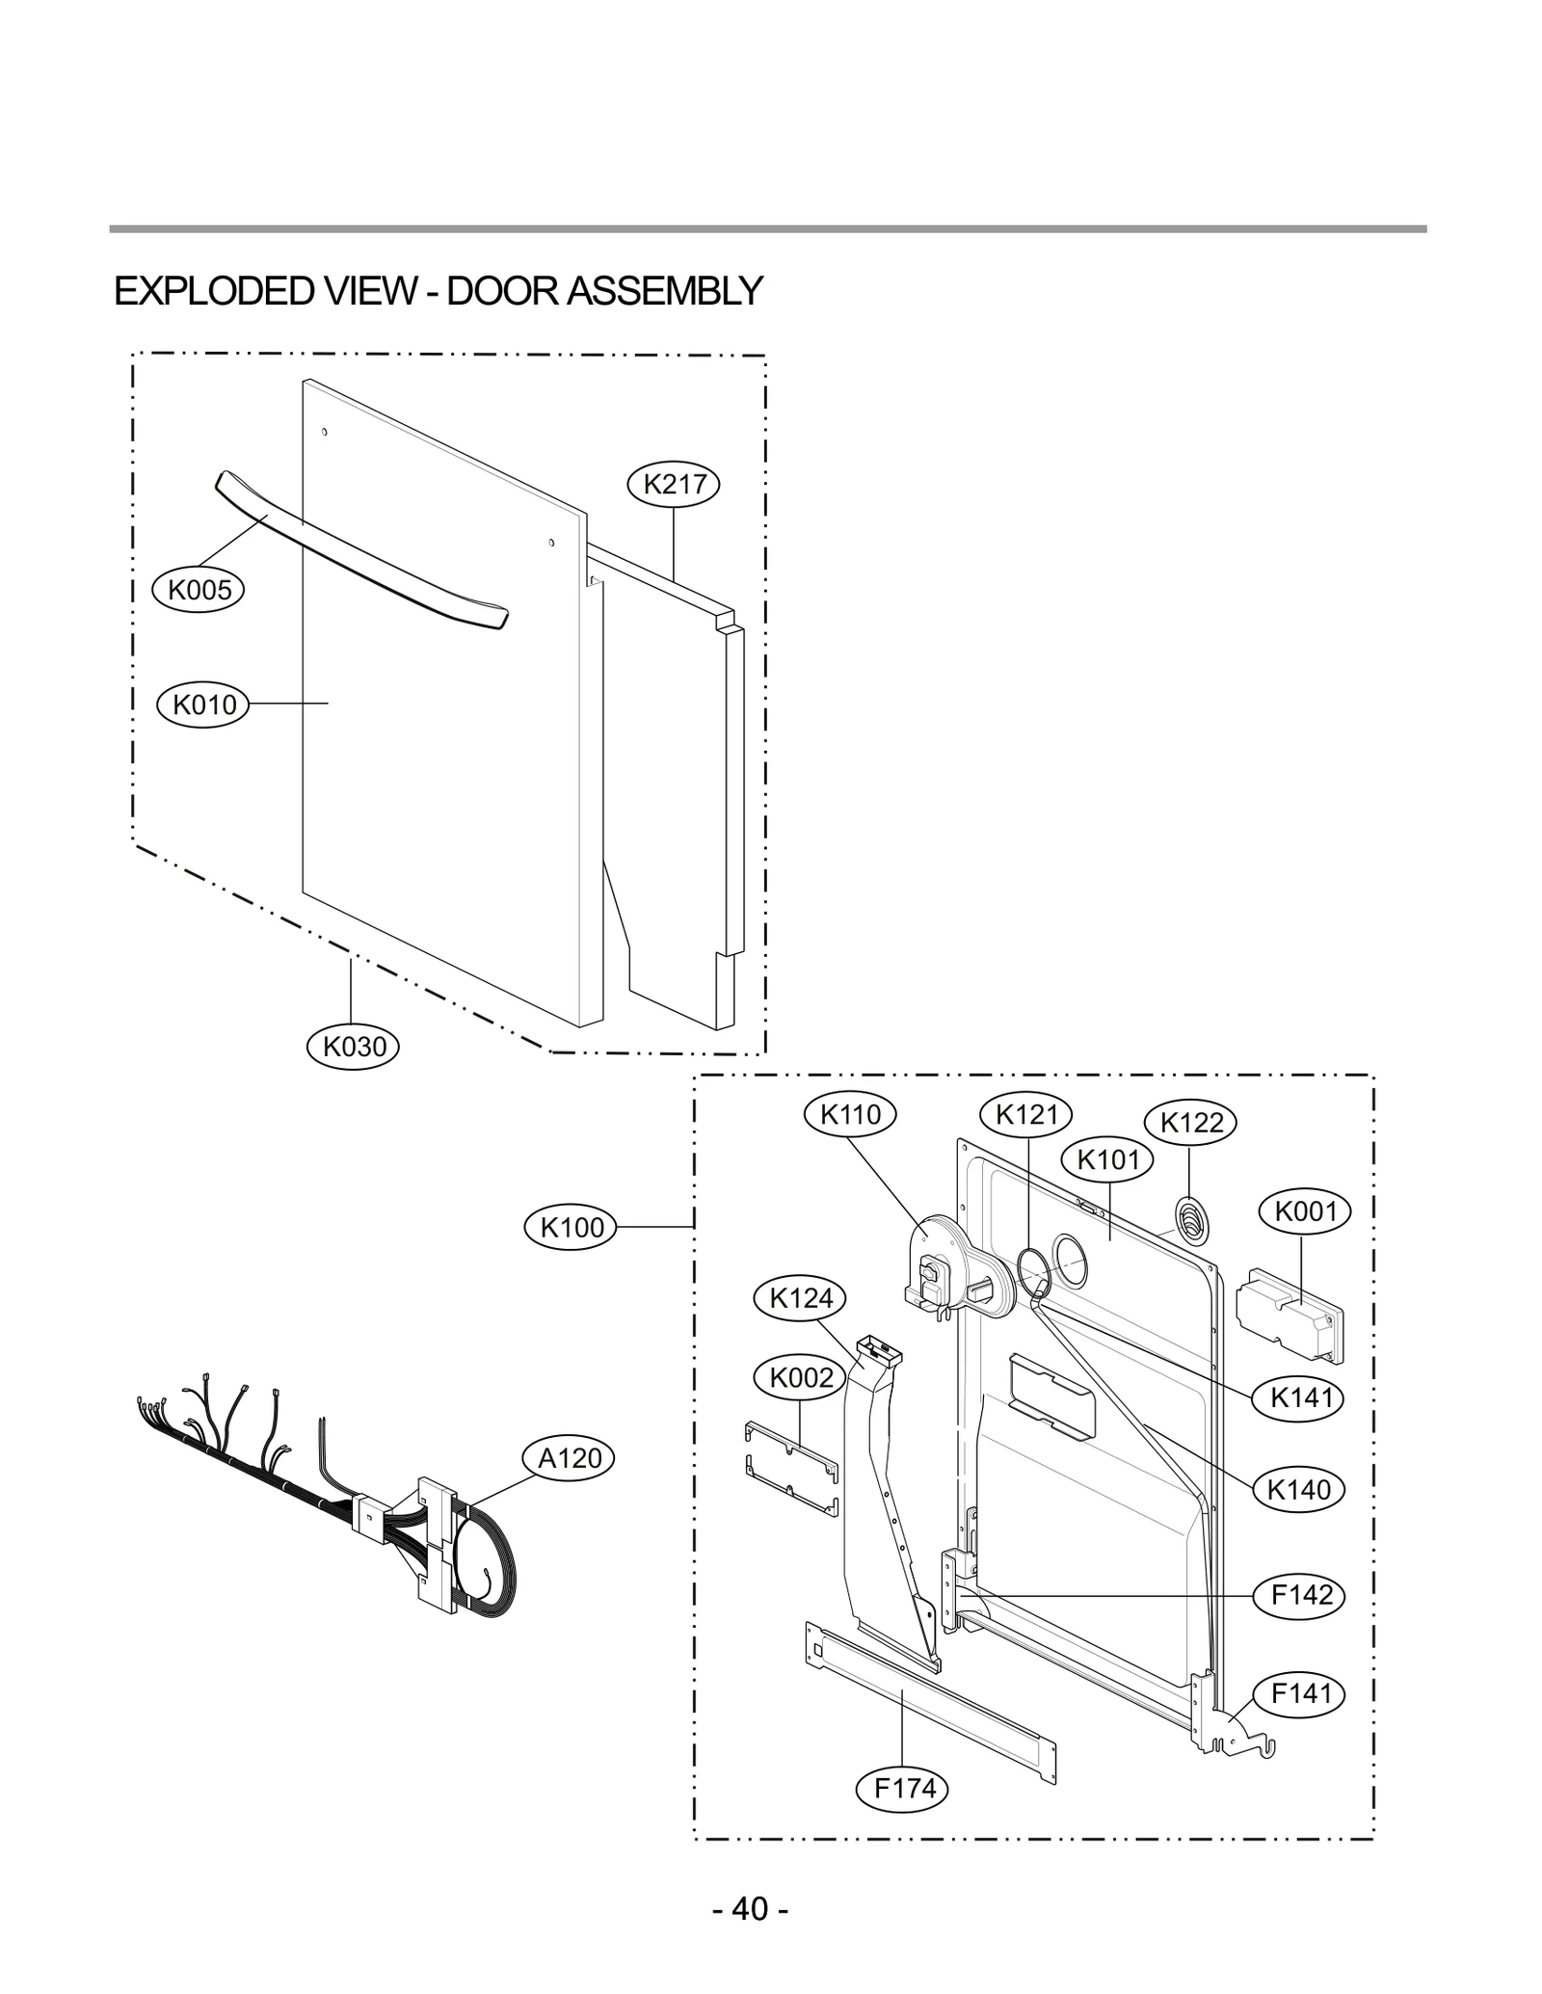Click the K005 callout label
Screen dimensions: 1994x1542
coord(199,590)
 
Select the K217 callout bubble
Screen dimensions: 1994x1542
coord(674,484)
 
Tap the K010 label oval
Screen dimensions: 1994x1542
coord(203,705)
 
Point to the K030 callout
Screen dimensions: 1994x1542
coord(353,1046)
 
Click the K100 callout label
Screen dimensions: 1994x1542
coord(572,1227)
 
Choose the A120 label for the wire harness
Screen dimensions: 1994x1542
coord(569,1458)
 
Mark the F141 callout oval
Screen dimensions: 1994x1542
coord(1301,1693)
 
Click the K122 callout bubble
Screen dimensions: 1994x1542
coord(1191,1123)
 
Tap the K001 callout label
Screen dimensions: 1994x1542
coord(1305,1211)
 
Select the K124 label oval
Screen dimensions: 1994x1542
coord(800,1298)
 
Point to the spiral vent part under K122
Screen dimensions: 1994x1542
coord(1192,1221)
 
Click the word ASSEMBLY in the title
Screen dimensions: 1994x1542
coord(665,291)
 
